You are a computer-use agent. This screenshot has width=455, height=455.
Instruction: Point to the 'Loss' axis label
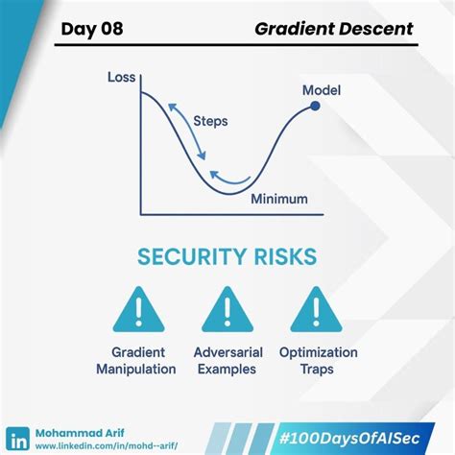click(x=121, y=77)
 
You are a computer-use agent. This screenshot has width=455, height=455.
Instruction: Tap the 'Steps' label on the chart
click(x=210, y=122)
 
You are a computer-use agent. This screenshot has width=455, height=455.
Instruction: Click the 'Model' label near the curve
click(x=323, y=90)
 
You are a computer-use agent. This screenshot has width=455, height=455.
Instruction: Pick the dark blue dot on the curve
click(x=315, y=107)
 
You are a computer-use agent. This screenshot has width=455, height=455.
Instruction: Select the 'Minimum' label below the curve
click(x=279, y=199)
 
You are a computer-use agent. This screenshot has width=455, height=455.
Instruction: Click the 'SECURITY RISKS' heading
click(x=227, y=257)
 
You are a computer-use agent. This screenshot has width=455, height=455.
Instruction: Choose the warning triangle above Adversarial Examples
click(x=227, y=309)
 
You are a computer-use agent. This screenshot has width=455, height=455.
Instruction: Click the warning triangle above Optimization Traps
click(x=317, y=309)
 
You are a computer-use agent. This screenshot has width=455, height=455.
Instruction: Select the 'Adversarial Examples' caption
click(x=228, y=360)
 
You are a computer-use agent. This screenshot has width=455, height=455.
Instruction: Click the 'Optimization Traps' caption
click(x=318, y=360)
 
